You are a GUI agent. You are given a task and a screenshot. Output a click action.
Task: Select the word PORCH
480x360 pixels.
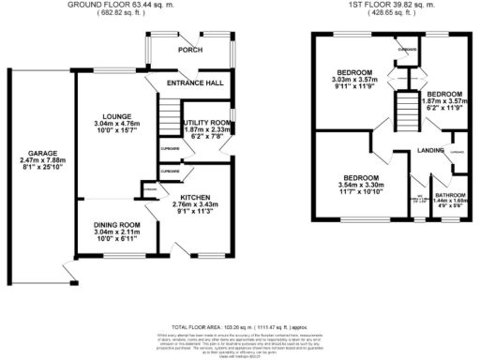click(x=191, y=51)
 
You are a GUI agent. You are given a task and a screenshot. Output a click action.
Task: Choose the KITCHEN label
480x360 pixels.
click(x=197, y=196)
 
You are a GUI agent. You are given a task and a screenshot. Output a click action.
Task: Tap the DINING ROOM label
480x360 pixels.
click(x=116, y=225)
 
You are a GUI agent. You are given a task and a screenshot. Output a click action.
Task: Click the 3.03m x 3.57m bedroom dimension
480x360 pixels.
click(x=353, y=81)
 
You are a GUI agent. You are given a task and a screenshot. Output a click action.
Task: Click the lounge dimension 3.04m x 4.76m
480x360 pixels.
click(x=114, y=122)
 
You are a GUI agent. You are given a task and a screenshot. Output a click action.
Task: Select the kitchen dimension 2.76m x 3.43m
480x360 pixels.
click(x=197, y=204)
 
